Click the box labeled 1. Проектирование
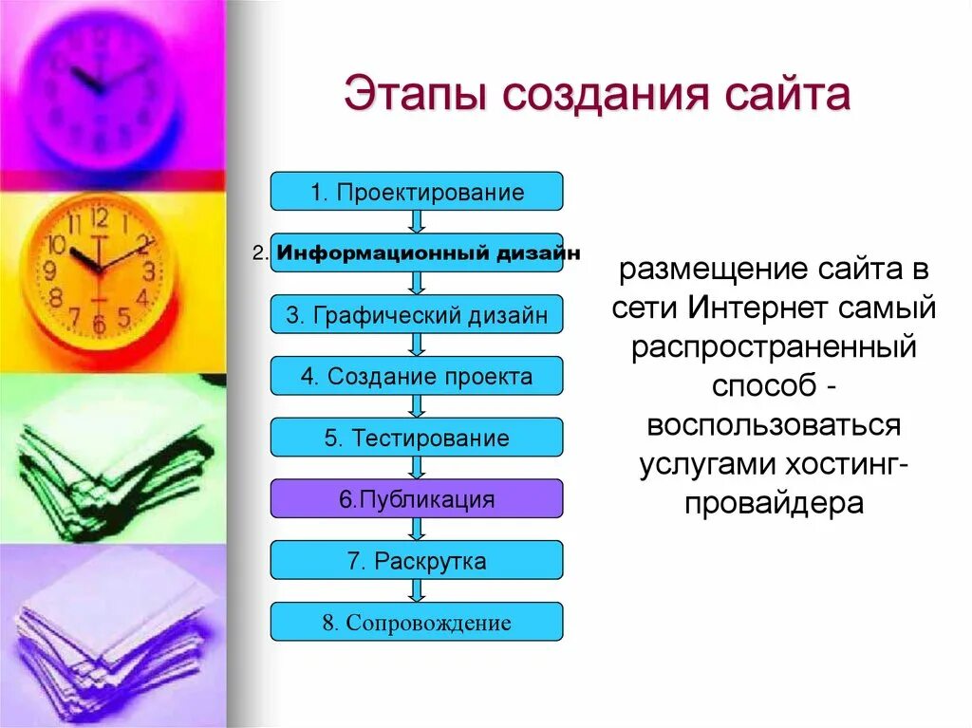coord(417,192)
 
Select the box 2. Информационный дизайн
coord(417,253)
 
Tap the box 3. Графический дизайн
coord(417,315)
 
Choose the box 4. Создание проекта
coord(417,377)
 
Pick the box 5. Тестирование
coord(417,438)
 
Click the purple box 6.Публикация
coord(417,499)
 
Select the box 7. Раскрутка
coord(417,560)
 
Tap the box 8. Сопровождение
coord(417,623)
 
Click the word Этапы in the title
coord(409,97)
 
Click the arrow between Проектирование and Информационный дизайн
coord(417,222)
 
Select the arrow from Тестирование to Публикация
coord(417,468)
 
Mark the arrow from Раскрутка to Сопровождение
coord(417,590)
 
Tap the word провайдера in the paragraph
coord(774,502)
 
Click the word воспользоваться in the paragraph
coord(774,424)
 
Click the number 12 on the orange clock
coord(100,217)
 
